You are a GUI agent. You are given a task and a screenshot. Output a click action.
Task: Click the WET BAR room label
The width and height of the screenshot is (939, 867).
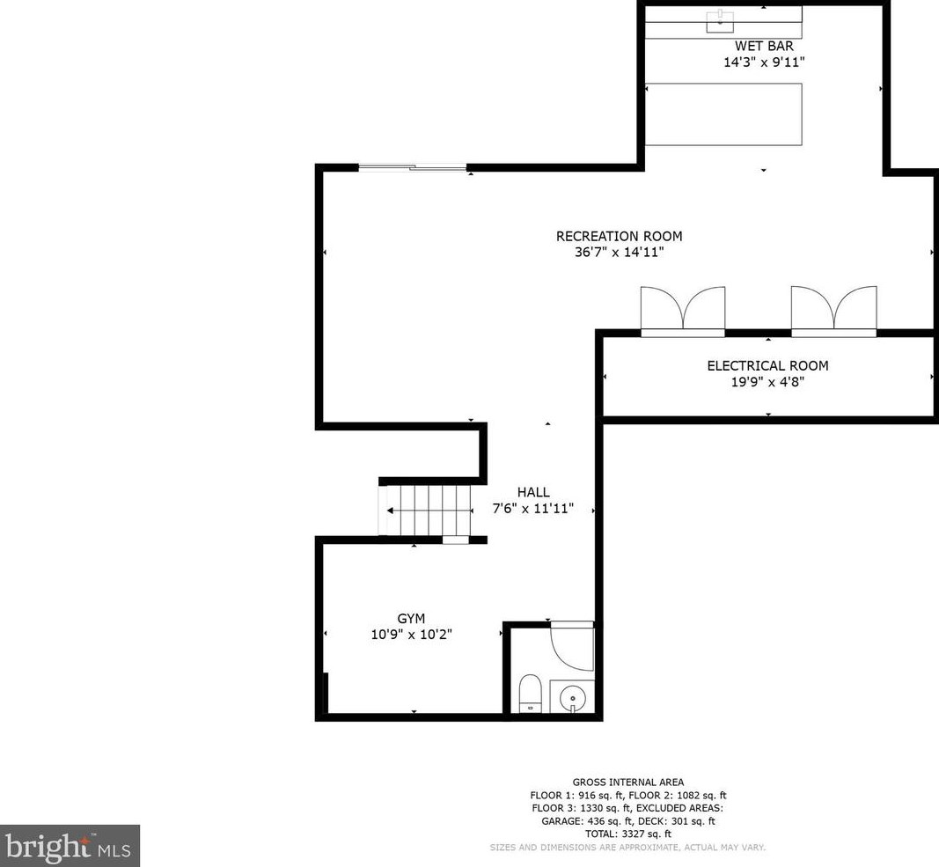pyautogui.click(x=763, y=46)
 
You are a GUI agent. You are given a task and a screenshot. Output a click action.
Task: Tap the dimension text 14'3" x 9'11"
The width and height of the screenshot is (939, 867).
pyautogui.click(x=763, y=62)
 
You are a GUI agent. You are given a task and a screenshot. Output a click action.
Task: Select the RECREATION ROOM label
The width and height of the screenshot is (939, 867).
pyautogui.click(x=619, y=236)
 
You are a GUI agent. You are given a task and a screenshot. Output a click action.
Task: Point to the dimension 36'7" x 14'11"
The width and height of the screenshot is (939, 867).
pyautogui.click(x=619, y=253)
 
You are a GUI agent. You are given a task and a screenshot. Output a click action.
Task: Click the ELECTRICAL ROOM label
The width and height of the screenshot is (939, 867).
pyautogui.click(x=767, y=366)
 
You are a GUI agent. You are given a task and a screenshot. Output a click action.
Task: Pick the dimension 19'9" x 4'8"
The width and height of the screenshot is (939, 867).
pyautogui.click(x=767, y=383)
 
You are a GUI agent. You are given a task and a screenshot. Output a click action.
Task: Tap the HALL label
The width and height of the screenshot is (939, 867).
pyautogui.click(x=532, y=493)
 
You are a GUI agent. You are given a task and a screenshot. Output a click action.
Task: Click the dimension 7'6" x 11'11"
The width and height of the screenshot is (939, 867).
pyautogui.click(x=532, y=509)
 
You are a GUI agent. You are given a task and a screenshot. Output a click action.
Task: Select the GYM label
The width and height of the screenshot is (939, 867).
pyautogui.click(x=412, y=619)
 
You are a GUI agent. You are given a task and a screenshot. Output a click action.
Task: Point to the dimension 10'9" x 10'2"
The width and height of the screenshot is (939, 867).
pyautogui.click(x=412, y=635)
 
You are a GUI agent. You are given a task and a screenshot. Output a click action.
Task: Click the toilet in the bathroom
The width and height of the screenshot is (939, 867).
pyautogui.click(x=530, y=693)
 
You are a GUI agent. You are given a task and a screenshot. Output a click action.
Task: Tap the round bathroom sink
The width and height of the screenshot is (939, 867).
pyautogui.click(x=572, y=696)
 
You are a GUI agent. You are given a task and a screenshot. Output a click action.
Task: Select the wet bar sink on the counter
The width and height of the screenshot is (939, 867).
pyautogui.click(x=720, y=20)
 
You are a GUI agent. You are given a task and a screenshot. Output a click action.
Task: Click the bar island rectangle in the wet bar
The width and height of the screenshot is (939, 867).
pyautogui.click(x=723, y=114)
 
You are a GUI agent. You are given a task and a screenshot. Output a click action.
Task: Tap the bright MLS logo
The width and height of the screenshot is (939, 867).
pyautogui.click(x=70, y=846)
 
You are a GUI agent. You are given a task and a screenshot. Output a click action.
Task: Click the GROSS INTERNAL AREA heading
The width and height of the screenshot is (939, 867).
pyautogui.click(x=627, y=782)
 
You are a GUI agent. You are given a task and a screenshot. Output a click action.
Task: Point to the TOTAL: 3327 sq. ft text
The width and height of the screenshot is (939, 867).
pyautogui.click(x=627, y=834)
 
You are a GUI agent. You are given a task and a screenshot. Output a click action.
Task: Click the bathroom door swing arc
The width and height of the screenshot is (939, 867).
pyautogui.click(x=571, y=648)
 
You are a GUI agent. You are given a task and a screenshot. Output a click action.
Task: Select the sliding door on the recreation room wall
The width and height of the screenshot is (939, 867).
pyautogui.click(x=412, y=167)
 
